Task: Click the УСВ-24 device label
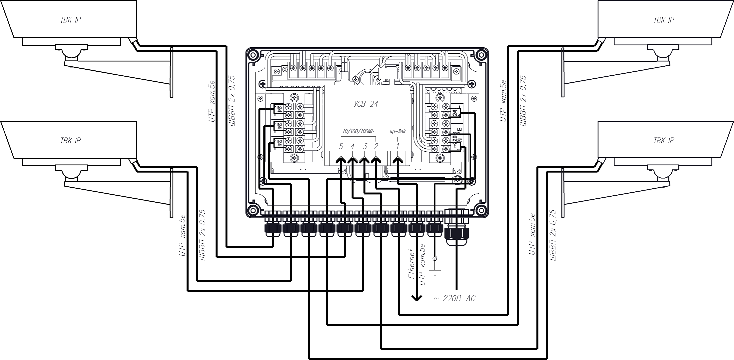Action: tap(366, 104)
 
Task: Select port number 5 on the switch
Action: tap(341, 146)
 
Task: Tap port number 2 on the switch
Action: tap(376, 146)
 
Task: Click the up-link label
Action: tap(397, 131)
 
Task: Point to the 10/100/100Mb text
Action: tap(358, 132)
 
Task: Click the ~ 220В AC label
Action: tap(454, 299)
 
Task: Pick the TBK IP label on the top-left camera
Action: tap(71, 20)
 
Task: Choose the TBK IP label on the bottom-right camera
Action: tap(664, 141)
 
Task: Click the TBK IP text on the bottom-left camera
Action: tap(71, 141)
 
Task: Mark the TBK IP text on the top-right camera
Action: tap(664, 20)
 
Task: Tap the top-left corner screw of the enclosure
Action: tap(252, 54)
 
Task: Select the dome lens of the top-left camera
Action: tap(72, 53)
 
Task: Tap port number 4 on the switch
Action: tap(353, 146)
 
